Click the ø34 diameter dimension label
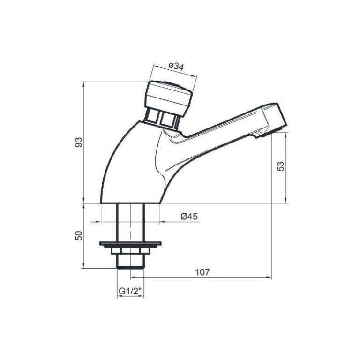175,67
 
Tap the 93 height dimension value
80,142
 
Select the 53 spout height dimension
281,167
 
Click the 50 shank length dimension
80,236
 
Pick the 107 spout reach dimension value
202,272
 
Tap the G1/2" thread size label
130,291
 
